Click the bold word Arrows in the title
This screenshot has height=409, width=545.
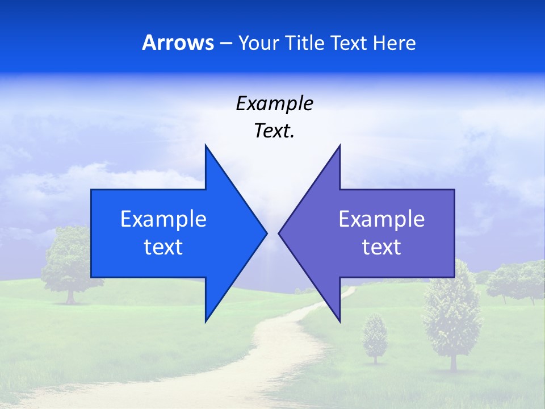tap(178, 43)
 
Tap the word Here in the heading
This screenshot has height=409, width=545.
tap(394, 43)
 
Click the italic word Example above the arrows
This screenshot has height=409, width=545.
tap(274, 103)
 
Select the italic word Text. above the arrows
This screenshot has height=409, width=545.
tap(274, 131)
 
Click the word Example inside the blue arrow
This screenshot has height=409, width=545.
tap(163, 219)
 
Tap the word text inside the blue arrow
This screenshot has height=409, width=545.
tap(163, 247)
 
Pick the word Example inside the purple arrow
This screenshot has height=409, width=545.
tap(381, 219)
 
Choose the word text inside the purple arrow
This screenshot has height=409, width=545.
tap(381, 247)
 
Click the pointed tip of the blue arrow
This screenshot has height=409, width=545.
tap(266, 233)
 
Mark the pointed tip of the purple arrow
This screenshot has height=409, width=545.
tap(279, 233)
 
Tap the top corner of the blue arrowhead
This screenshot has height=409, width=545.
tap(206, 145)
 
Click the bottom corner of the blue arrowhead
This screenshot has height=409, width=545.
tap(206, 321)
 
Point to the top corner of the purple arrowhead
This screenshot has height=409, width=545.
tap(339, 145)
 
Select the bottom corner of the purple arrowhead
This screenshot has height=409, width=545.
tap(339, 321)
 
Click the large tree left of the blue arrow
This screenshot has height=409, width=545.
tap(69, 261)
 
